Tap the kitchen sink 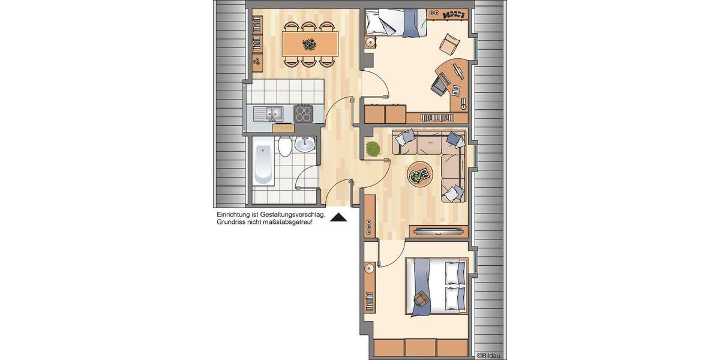pyautogui.click(x=268, y=112)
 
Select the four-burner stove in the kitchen pyautogui.click(x=303, y=113)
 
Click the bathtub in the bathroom pyautogui.click(x=263, y=163)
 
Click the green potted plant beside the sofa pyautogui.click(x=373, y=149)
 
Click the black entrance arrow pyautogui.click(x=339, y=218)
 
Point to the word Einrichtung pyautogui.click(x=236, y=214)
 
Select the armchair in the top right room pyautogui.click(x=450, y=43)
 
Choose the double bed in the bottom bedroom pyautogui.click(x=436, y=286)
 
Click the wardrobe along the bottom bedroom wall pyautogui.click(x=420, y=348)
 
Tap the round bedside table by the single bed pyautogui.click(x=371, y=43)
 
